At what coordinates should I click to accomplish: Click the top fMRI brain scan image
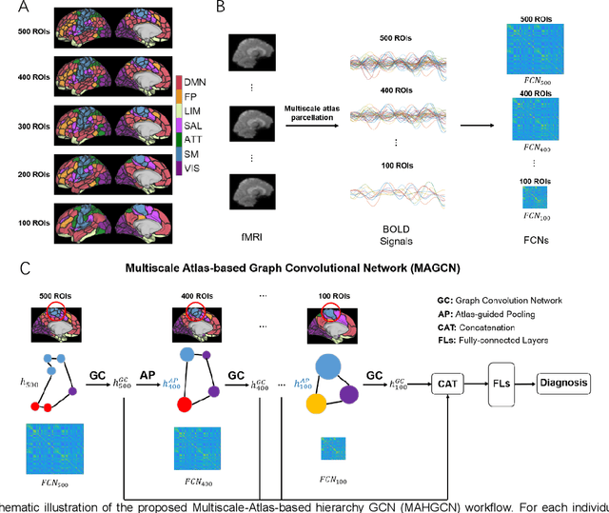pyautogui.click(x=252, y=53)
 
